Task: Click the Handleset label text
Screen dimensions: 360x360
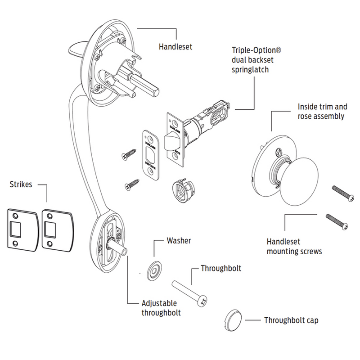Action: [175, 46]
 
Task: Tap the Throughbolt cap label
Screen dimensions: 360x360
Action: [291, 321]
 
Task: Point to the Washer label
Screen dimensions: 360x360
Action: [179, 241]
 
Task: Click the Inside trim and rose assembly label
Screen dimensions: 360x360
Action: [323, 112]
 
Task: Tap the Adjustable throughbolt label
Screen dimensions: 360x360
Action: [161, 308]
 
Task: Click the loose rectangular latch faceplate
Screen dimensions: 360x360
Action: [149, 154]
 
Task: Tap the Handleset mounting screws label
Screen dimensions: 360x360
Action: [294, 247]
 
